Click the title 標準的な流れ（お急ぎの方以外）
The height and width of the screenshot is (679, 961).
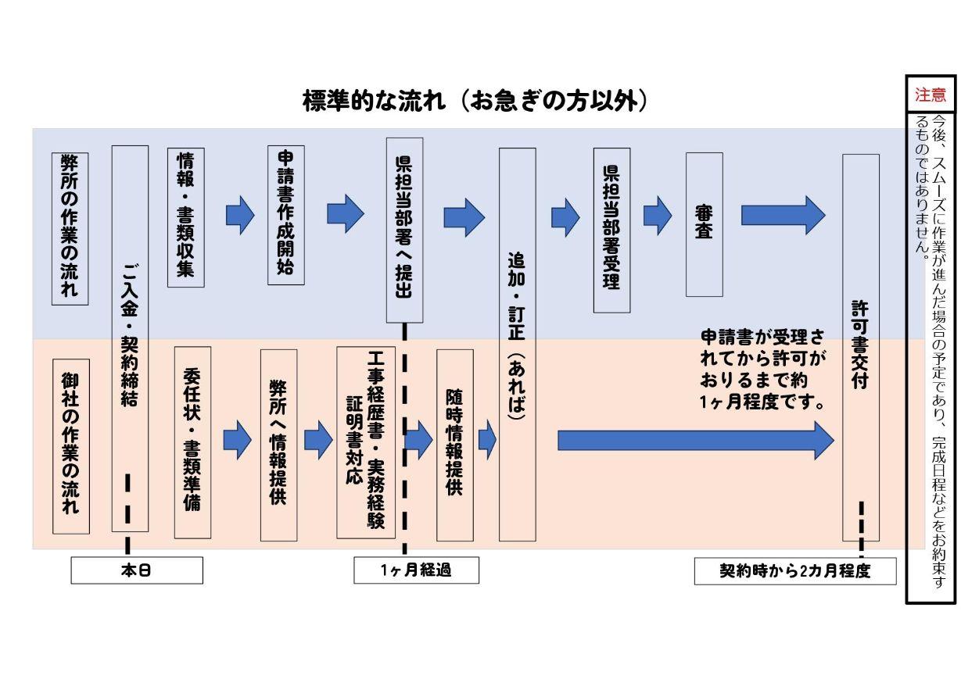tap(475, 101)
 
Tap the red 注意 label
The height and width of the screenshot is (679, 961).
tap(931, 95)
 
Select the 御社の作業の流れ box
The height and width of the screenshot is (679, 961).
tap(70, 445)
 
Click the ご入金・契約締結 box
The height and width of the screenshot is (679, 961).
tap(130, 338)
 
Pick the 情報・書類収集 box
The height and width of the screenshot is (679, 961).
tap(186, 216)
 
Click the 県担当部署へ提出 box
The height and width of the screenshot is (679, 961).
tap(404, 230)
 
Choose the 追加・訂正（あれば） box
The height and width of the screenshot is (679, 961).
tap(518, 344)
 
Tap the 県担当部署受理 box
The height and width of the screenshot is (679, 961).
tap(611, 230)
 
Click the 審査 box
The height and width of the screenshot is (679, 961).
tap(704, 223)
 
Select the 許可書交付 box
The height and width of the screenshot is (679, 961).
tap(860, 347)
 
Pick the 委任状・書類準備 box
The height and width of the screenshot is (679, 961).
tap(192, 442)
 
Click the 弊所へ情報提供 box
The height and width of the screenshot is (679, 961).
tap(278, 445)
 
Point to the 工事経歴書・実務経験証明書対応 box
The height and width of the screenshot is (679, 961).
tap(366, 442)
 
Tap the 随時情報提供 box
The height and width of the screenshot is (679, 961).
tap(454, 445)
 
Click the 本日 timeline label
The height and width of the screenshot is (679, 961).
tap(137, 570)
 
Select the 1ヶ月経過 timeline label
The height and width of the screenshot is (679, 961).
tap(416, 570)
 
